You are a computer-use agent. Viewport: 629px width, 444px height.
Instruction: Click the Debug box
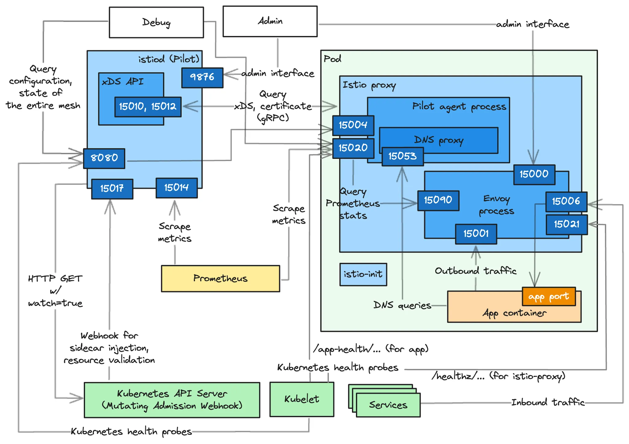click(x=156, y=22)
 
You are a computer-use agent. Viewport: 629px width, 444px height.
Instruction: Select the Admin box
click(x=270, y=22)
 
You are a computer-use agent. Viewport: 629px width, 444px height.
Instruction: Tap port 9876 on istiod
click(x=202, y=77)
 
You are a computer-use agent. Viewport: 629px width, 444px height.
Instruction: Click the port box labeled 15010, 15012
click(x=148, y=107)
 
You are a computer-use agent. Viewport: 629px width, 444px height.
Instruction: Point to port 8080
click(x=104, y=158)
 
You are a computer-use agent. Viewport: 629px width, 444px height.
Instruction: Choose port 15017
click(x=112, y=189)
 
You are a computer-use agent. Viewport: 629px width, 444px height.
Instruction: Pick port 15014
click(x=177, y=188)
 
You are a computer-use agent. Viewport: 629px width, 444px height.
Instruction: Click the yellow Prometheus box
click(x=221, y=278)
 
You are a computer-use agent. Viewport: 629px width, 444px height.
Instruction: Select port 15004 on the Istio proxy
click(x=353, y=125)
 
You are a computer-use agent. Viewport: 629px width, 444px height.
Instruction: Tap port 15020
click(x=353, y=148)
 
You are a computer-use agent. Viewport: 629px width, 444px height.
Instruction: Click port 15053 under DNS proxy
click(x=403, y=156)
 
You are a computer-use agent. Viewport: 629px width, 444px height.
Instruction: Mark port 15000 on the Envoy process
click(x=534, y=174)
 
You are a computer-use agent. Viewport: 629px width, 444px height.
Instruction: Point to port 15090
click(x=438, y=200)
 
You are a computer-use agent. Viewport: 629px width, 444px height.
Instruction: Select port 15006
click(x=566, y=202)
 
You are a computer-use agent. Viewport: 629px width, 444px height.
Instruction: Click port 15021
click(x=567, y=224)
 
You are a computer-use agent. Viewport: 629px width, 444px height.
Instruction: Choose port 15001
click(x=476, y=234)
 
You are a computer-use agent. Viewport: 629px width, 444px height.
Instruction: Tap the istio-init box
click(x=363, y=274)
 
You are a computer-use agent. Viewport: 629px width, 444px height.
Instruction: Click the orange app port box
click(x=549, y=297)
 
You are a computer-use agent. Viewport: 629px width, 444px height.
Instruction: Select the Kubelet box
click(x=302, y=399)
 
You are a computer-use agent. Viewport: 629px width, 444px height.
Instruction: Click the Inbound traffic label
click(x=548, y=402)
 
